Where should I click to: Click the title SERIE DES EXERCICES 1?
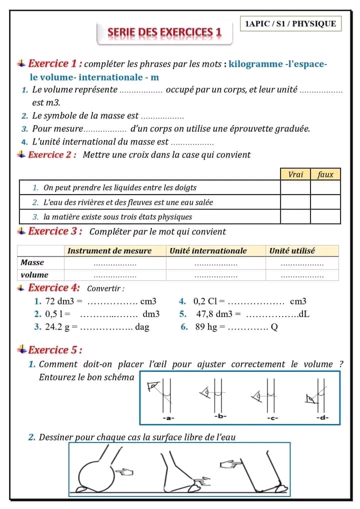(164, 32)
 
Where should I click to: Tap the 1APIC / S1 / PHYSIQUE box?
(290, 23)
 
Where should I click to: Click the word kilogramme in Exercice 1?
(255, 64)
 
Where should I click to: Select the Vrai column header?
(295, 174)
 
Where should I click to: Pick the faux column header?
(325, 174)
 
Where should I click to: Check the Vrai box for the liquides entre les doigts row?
(295, 188)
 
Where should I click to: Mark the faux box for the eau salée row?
(325, 202)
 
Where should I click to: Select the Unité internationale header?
(208, 251)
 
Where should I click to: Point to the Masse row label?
(32, 262)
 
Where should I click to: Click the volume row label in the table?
(34, 274)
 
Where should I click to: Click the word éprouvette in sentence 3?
(253, 129)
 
